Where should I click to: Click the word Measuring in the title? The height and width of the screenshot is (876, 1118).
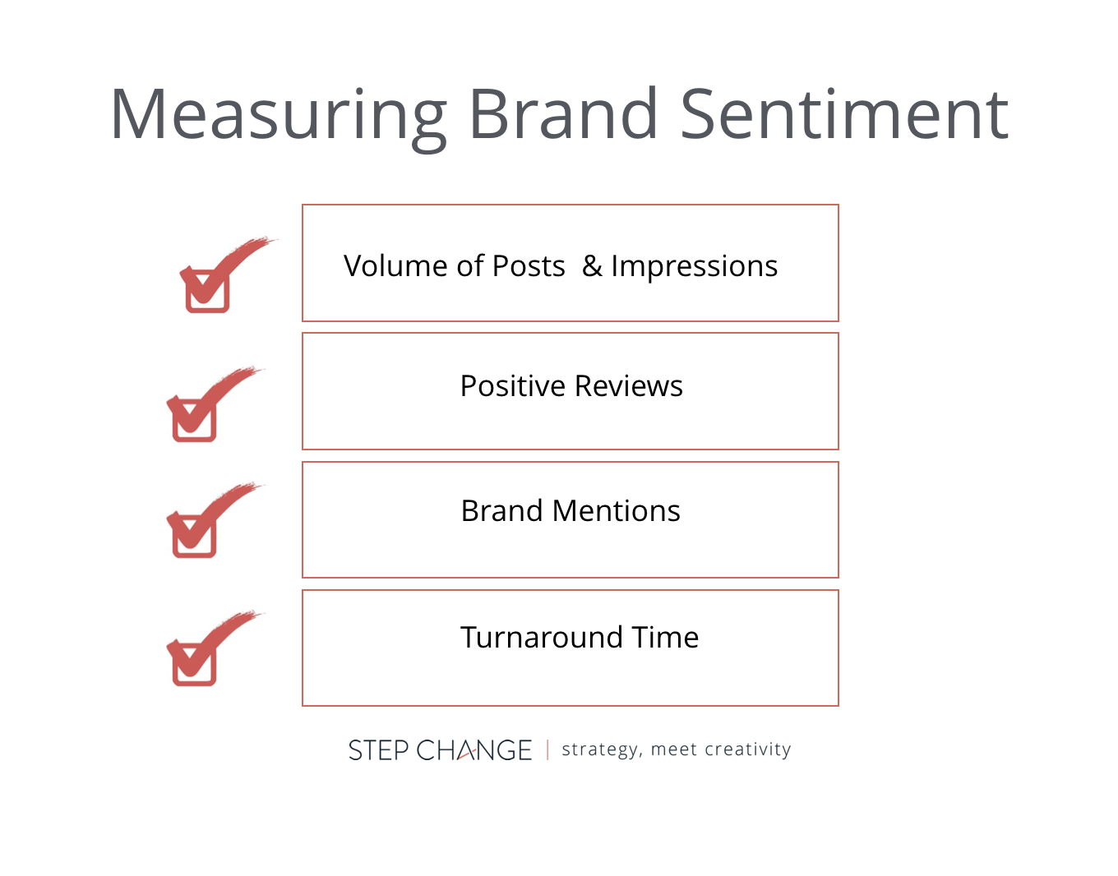(278, 115)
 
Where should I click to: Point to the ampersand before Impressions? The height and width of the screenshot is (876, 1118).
(592, 266)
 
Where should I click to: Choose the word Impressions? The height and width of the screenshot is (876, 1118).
(694, 266)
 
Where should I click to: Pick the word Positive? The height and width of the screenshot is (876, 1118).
(512, 386)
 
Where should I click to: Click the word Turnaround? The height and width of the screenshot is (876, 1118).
(541, 638)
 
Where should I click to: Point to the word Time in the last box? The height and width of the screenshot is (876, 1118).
(665, 638)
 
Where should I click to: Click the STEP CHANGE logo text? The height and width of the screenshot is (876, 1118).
(440, 750)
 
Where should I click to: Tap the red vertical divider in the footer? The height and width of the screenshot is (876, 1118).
(547, 750)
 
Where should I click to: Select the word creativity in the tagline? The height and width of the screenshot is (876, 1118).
(747, 749)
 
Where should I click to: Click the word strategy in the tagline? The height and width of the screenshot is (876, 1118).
(600, 749)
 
